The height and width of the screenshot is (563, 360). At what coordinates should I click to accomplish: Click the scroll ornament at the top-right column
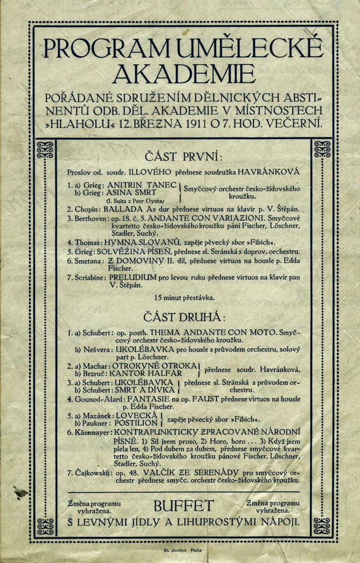tap(322, 149)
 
